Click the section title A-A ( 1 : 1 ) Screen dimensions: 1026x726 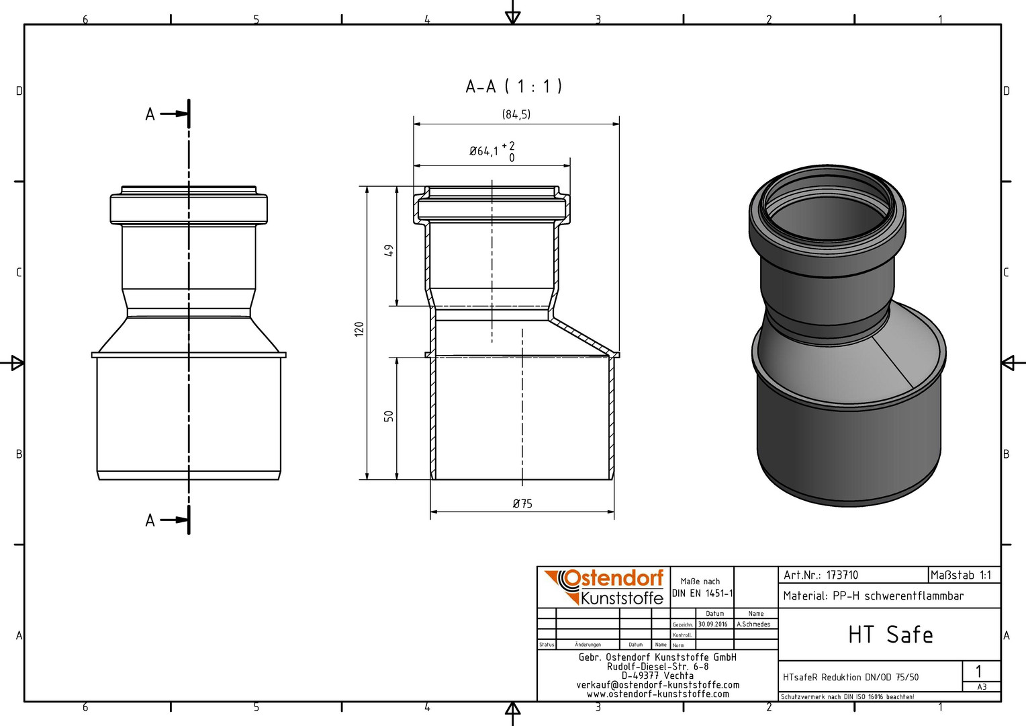coord(514,86)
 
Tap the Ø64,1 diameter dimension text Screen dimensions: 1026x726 coord(483,151)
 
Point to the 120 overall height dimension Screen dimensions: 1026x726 coord(359,329)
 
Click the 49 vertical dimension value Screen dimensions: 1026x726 coord(388,251)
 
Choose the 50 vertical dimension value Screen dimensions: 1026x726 coord(388,416)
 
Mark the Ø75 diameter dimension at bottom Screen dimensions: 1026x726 coord(522,504)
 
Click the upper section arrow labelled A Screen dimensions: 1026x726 coord(175,114)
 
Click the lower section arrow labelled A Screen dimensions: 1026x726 coord(175,520)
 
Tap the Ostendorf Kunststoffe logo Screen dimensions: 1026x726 coord(604,587)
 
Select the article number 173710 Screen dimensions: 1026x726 coord(842,575)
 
